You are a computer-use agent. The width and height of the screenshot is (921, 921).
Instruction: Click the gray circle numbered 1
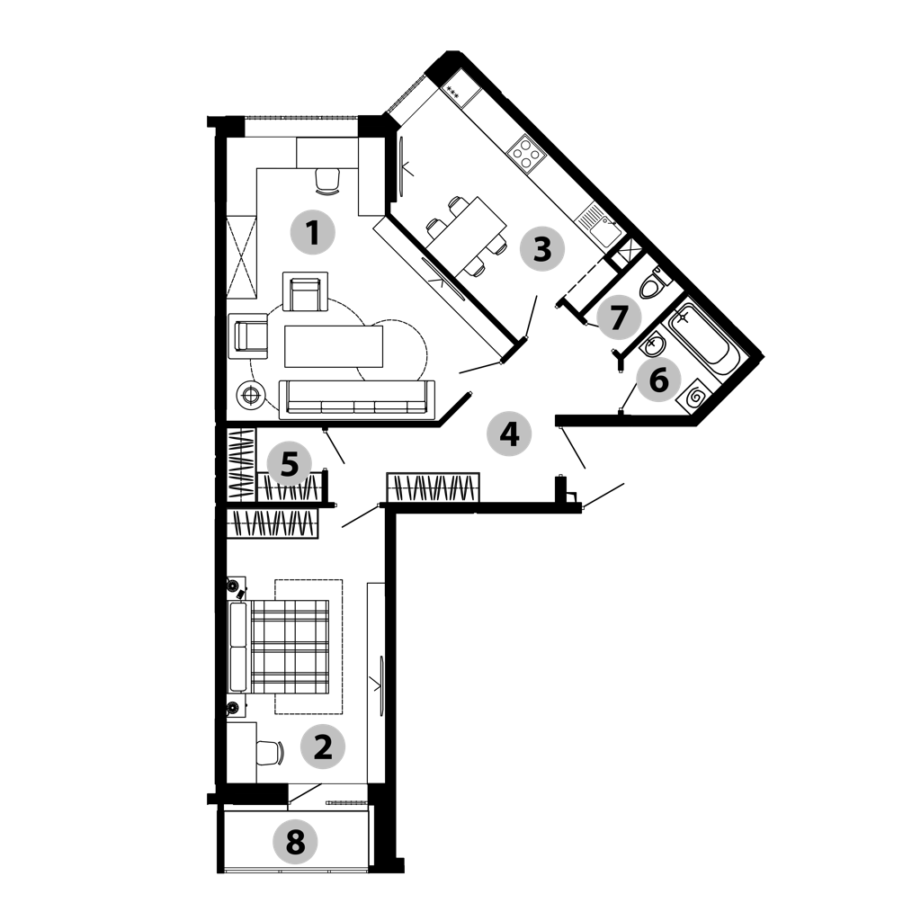[x=312, y=233]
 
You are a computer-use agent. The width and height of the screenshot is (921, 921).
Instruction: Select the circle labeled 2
[x=322, y=747]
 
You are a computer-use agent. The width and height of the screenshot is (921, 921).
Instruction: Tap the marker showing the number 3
[x=542, y=249]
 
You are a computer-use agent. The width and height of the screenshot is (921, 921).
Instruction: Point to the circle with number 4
[x=509, y=434]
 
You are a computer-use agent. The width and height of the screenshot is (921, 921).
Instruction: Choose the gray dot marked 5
[x=289, y=464]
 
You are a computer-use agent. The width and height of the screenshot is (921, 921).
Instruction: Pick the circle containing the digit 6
[x=658, y=380]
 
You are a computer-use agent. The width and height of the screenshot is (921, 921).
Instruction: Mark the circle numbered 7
[x=619, y=317]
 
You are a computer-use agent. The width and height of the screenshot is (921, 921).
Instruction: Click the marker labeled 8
[x=295, y=842]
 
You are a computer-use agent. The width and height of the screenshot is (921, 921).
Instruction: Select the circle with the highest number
[x=295, y=842]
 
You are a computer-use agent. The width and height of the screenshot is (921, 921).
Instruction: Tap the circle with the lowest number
[x=312, y=233]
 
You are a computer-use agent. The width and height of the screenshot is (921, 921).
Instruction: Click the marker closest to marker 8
[x=322, y=747]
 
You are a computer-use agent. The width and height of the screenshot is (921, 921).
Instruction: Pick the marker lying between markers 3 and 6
[x=619, y=317]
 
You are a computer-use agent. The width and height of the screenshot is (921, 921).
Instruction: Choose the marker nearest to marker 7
[x=658, y=380]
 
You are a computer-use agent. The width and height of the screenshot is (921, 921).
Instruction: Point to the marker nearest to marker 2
[x=295, y=842]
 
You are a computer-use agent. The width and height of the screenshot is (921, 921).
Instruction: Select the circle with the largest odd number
[x=619, y=317]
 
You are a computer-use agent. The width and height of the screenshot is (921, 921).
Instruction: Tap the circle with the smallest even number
[x=322, y=747]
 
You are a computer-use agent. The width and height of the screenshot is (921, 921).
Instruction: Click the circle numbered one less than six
[x=289, y=464]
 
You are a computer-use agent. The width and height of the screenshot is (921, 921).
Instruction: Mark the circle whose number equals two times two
[x=509, y=434]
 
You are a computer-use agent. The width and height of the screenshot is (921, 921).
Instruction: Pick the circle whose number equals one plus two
[x=542, y=249]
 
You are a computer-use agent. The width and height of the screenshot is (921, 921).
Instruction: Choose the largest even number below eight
[x=658, y=380]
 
